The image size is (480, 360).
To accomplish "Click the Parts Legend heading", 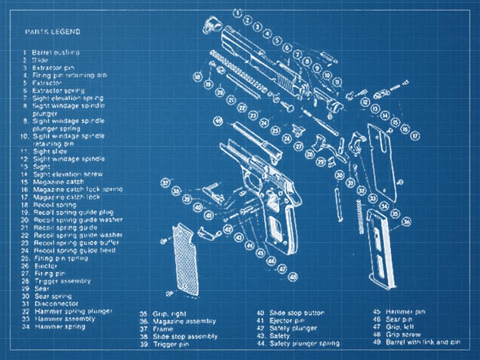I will pyautogui.click(x=53, y=32).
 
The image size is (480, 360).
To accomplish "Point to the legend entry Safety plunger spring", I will pyautogui.click(x=304, y=343).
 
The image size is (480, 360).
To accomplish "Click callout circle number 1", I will pyautogui.click(x=237, y=11).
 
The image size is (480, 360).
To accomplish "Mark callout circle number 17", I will pyautogui.click(x=415, y=136).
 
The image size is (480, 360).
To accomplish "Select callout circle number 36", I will pyautogui.click(x=407, y=221).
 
